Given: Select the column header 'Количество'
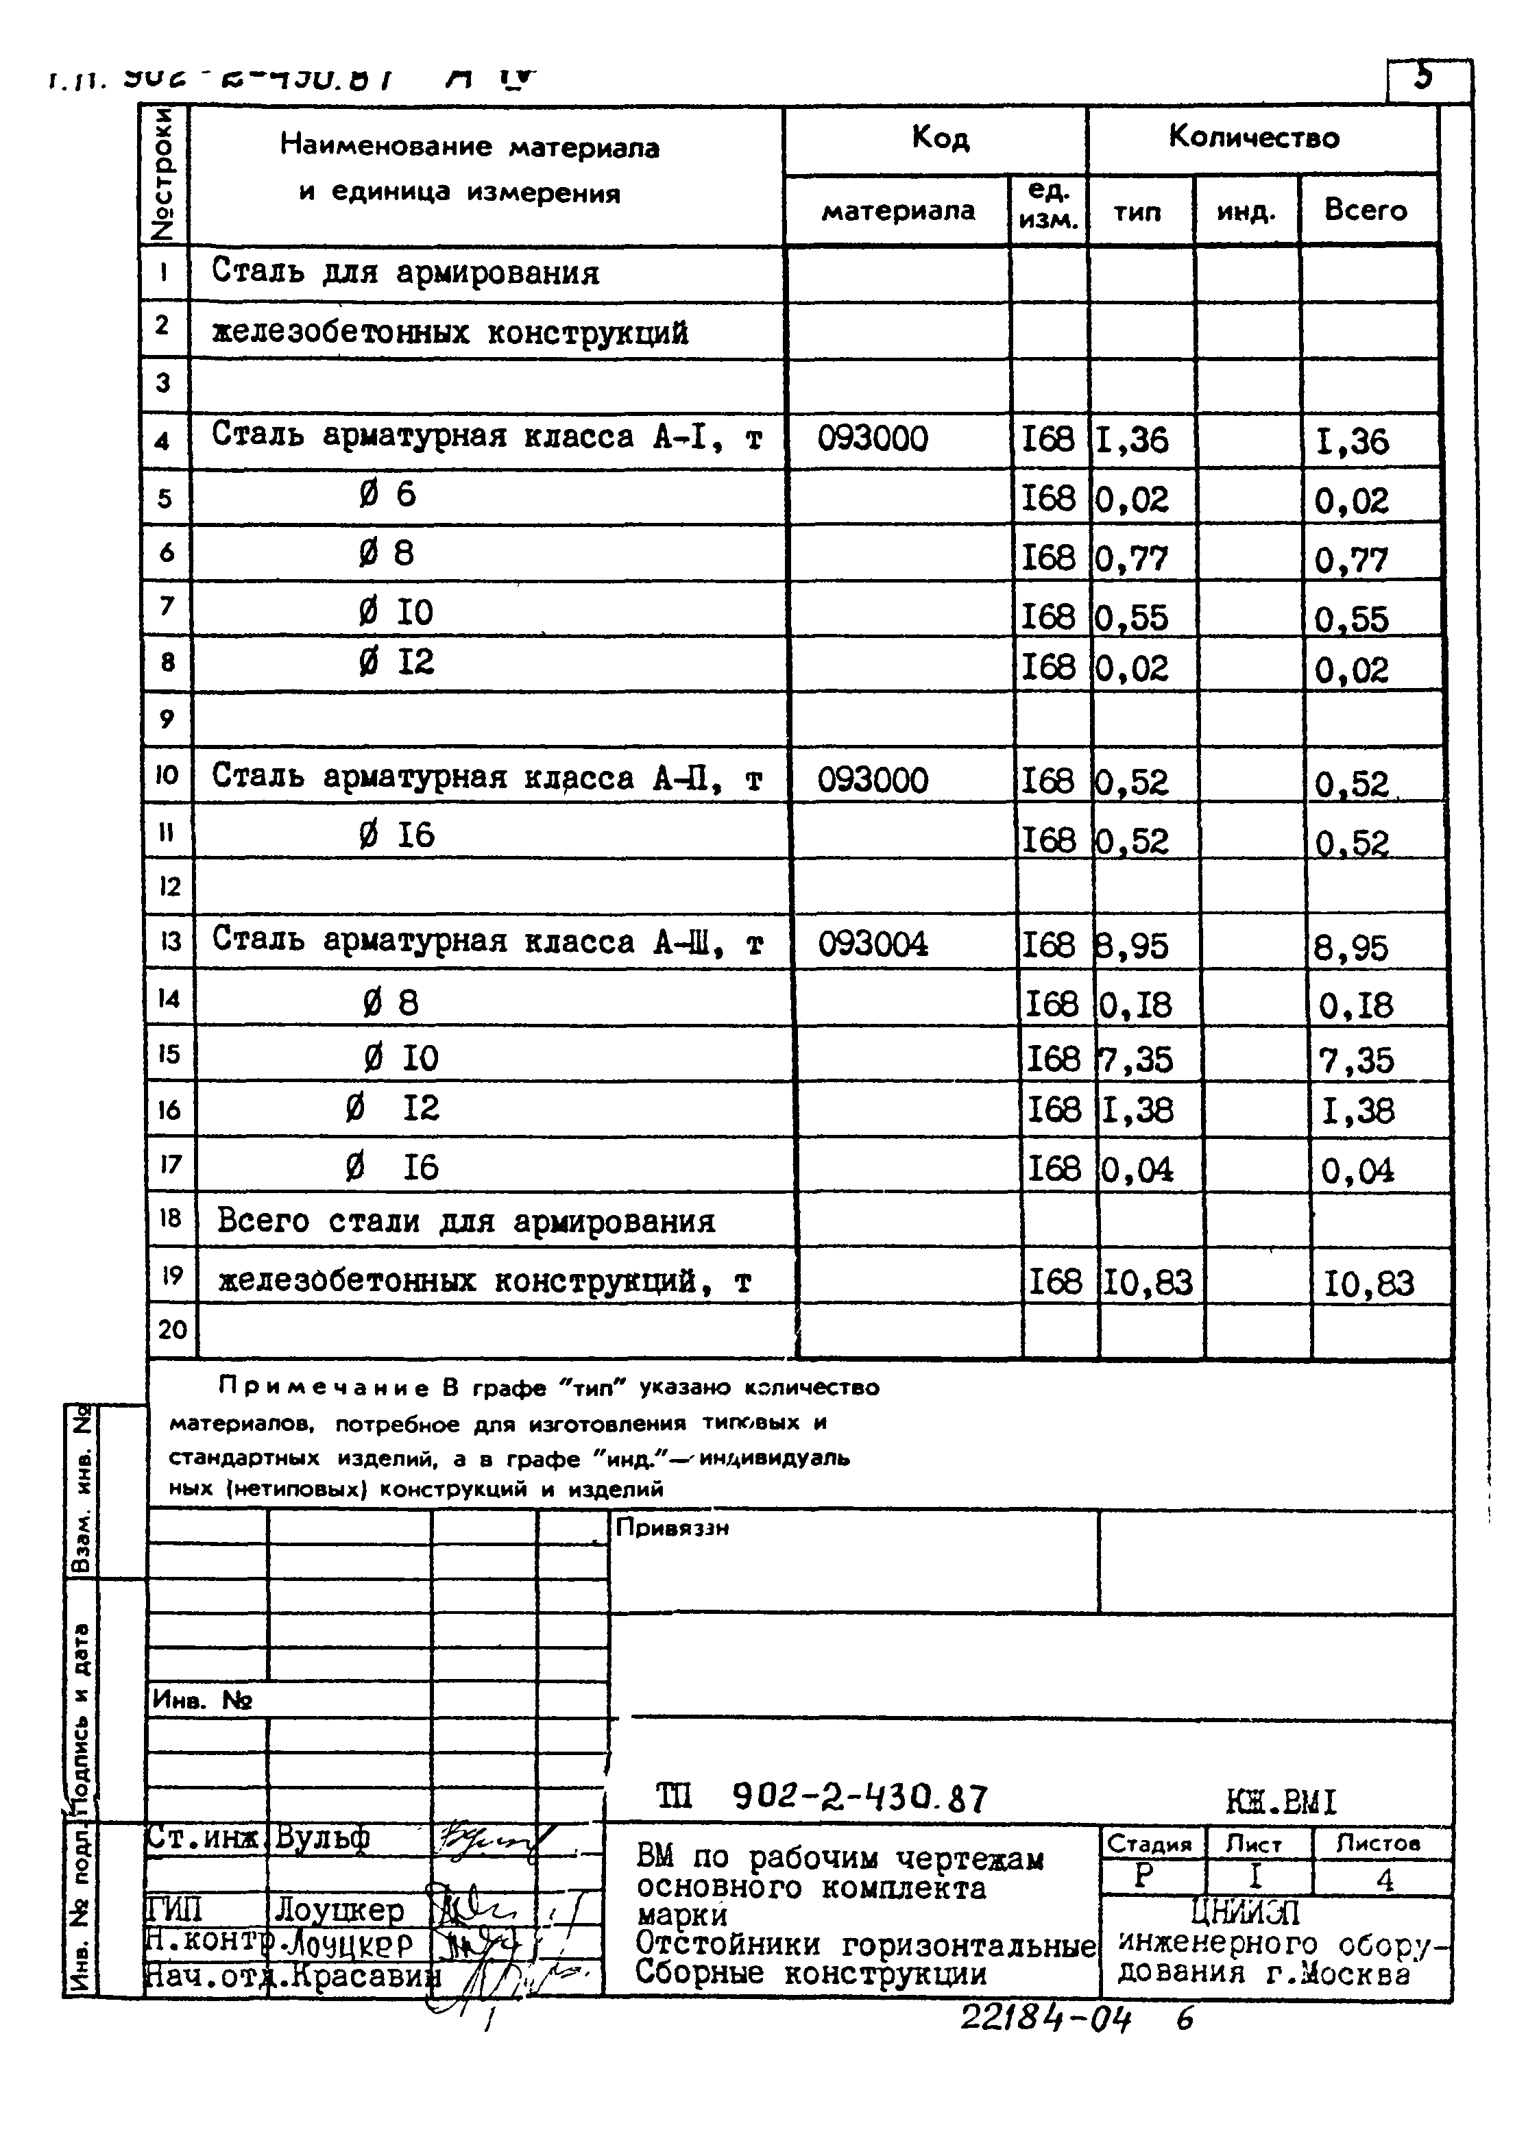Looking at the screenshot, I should tap(1253, 137).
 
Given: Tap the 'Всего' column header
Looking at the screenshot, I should tap(1365, 210).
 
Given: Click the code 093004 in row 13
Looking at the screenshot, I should tap(872, 944).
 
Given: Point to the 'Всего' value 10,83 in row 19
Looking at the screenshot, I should tap(1368, 1284).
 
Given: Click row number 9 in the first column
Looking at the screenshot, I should tap(167, 719).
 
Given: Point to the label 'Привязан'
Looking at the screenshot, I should tap(672, 1528).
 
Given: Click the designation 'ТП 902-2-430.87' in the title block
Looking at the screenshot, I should tap(821, 1797).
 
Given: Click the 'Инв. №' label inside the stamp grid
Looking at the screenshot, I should tap(202, 1700).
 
